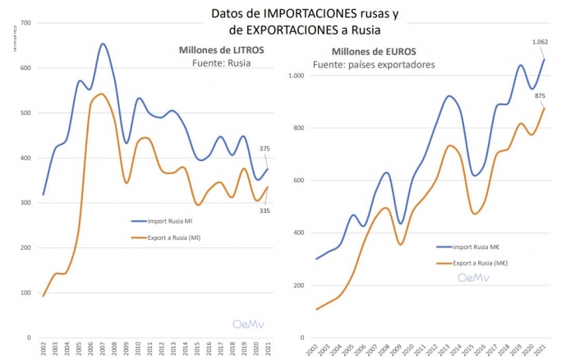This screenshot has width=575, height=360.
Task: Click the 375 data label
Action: click(264, 149)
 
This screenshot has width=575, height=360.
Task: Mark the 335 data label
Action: click(264, 210)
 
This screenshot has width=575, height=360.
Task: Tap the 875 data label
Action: click(540, 95)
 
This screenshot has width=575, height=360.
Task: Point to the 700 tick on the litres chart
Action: click(25, 23)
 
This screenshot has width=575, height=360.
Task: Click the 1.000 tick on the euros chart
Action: click(296, 76)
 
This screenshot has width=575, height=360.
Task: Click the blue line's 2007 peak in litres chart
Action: click(103, 44)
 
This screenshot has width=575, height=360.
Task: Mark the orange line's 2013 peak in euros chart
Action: click(450, 145)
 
